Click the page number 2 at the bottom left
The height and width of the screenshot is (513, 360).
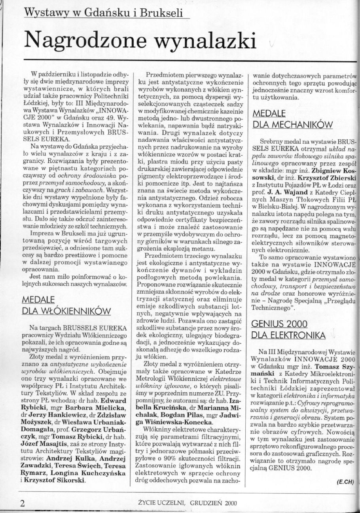click(23, 503)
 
